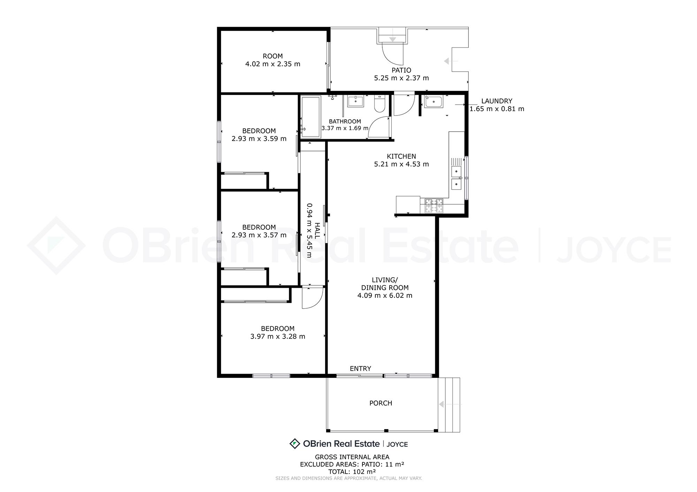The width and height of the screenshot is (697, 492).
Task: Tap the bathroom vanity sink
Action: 355,101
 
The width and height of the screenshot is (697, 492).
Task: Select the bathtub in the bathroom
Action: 311,117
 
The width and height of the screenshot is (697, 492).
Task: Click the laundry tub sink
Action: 434,102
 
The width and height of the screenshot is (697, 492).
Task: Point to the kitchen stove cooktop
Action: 434,206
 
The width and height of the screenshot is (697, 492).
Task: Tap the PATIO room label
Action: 401,70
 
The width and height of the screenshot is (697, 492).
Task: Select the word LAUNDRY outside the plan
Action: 497,101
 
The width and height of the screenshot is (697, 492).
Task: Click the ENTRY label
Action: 360,368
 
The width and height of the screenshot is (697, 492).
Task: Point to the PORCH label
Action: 381,403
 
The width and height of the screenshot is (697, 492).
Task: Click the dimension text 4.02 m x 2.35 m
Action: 273,64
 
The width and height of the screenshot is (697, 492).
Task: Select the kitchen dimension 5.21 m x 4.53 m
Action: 401,164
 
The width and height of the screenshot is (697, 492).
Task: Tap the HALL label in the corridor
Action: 317,230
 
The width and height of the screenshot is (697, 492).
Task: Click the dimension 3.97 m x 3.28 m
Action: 278,336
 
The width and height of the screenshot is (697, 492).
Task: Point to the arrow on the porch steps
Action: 450,404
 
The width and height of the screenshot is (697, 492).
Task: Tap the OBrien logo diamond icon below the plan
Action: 295,444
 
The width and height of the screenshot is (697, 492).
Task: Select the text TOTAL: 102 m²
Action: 352,471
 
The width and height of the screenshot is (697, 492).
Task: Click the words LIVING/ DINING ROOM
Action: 385,284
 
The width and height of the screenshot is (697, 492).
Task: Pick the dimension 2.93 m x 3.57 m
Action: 259,235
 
